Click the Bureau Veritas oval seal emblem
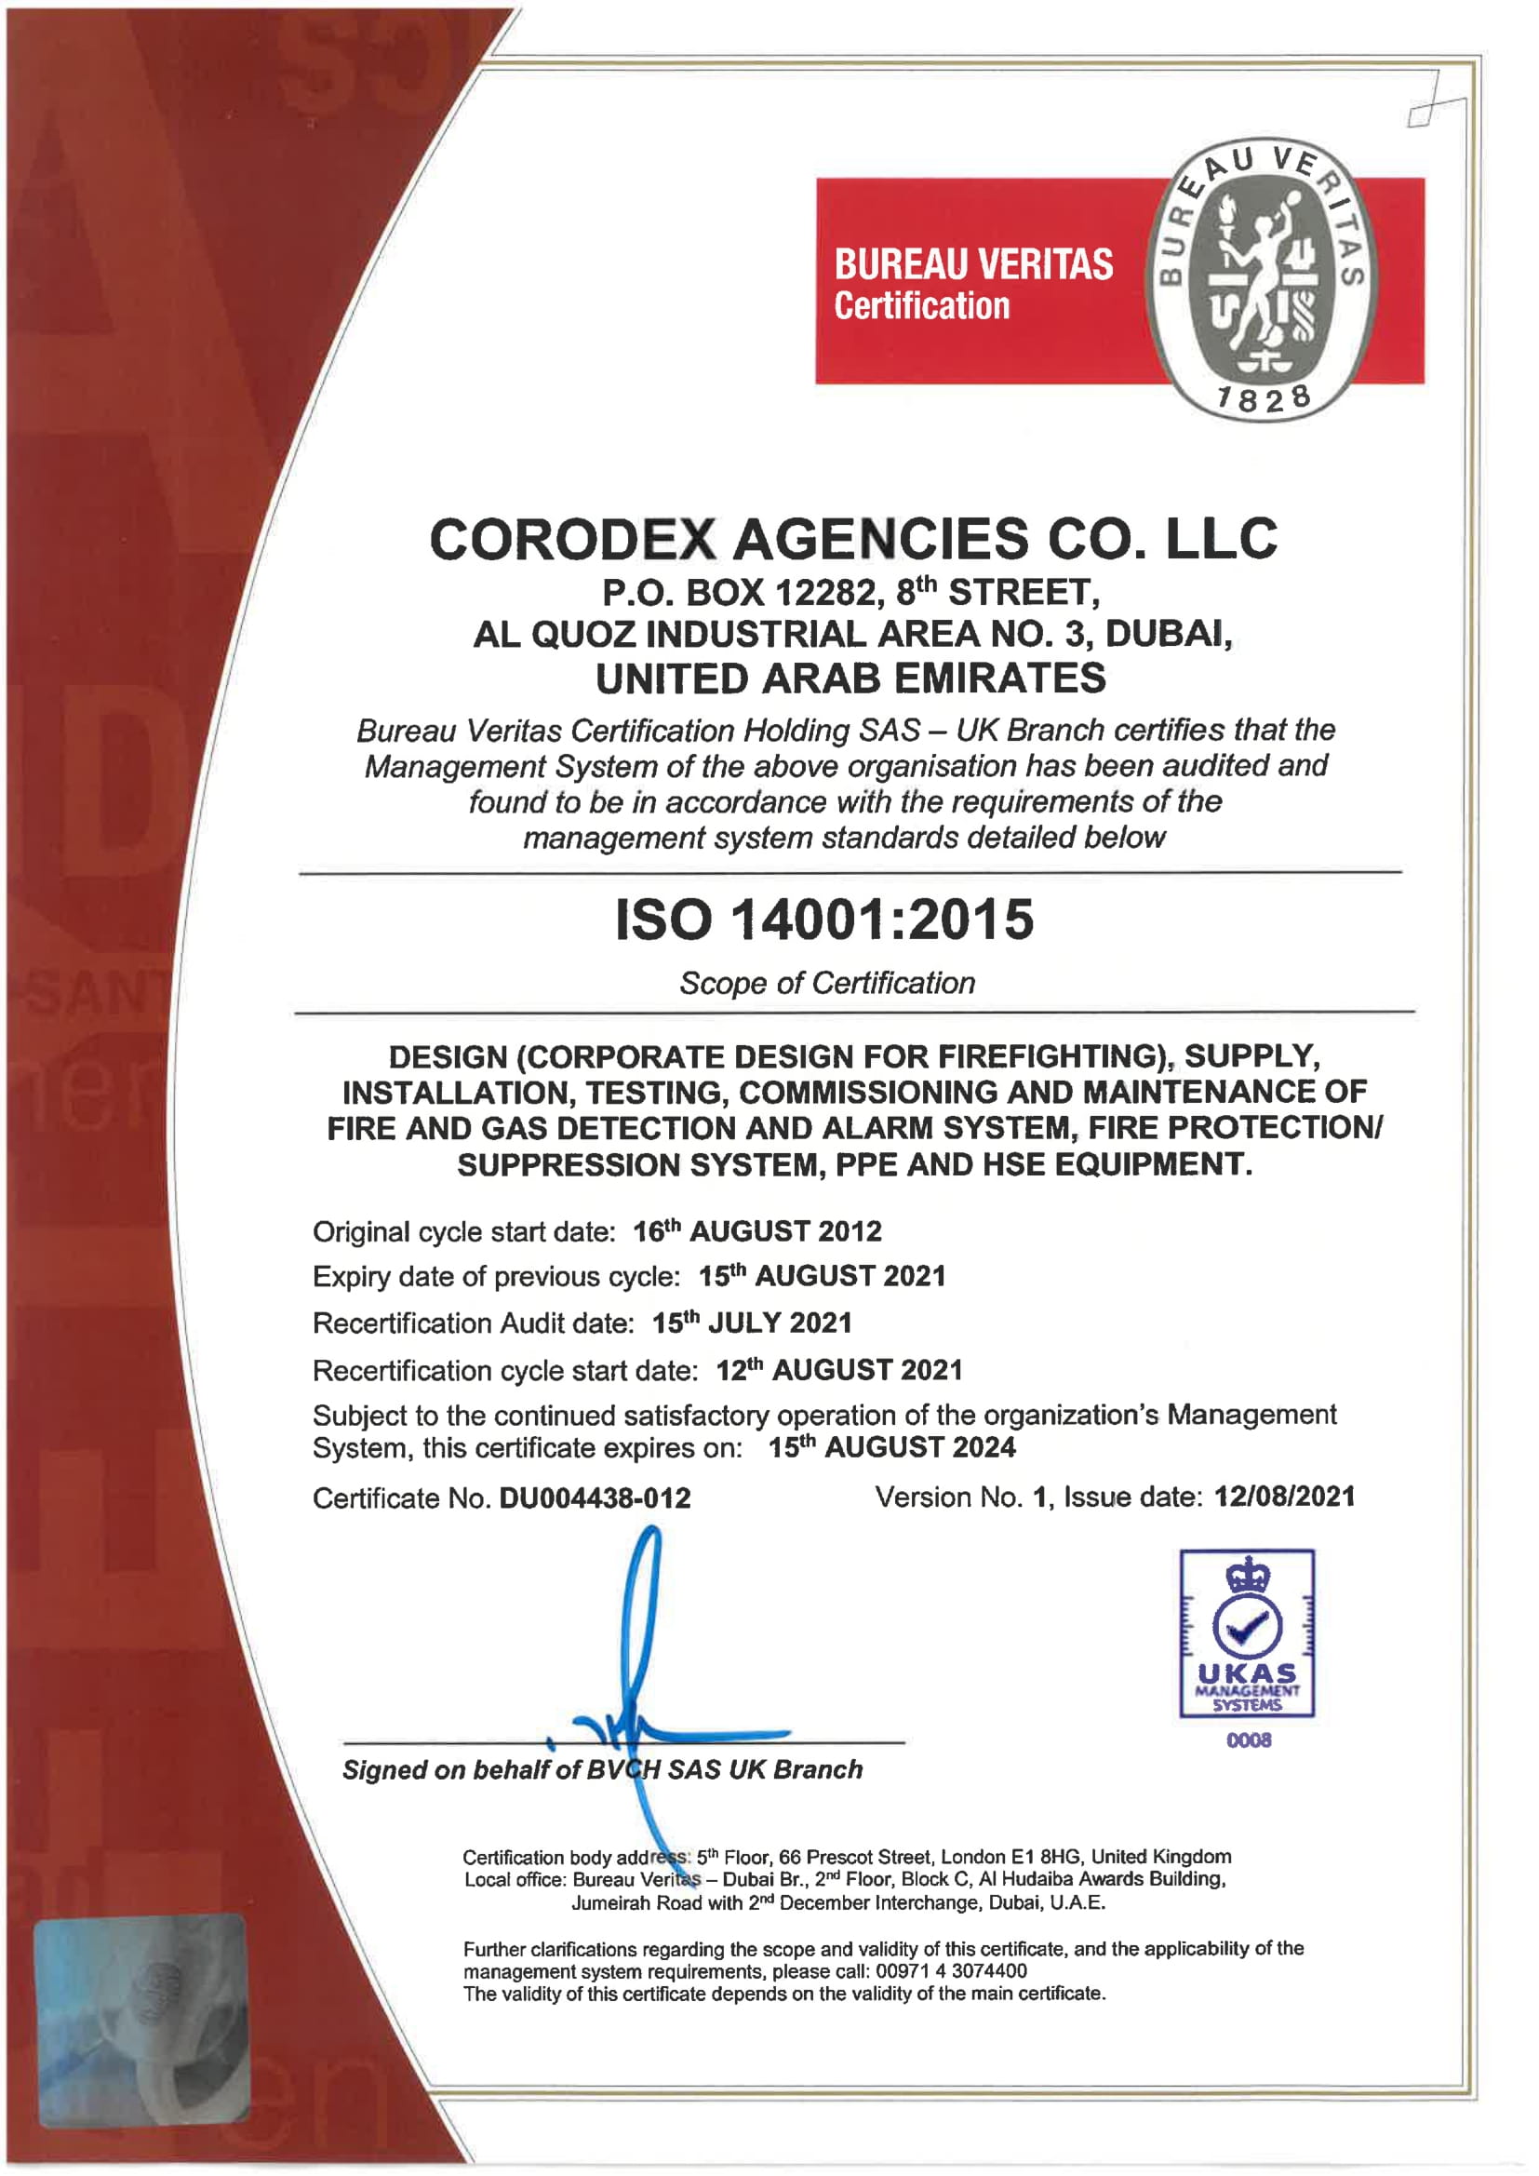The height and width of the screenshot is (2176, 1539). click(x=1263, y=280)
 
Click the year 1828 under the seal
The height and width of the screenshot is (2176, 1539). click(x=1265, y=399)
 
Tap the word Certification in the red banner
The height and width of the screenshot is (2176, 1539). click(x=921, y=307)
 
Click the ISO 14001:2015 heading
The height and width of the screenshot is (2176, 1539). click(x=824, y=920)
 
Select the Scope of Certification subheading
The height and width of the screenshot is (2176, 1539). click(x=826, y=984)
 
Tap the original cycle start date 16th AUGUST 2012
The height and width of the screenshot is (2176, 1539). click(x=757, y=1231)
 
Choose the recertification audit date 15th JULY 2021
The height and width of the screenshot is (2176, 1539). click(x=752, y=1323)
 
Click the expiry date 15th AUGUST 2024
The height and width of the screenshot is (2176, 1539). click(x=891, y=1447)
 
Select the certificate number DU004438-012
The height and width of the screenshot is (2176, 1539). click(x=596, y=1498)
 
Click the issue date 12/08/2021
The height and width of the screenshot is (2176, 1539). click(x=1284, y=1497)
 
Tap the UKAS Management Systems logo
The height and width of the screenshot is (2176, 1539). click(x=1246, y=1634)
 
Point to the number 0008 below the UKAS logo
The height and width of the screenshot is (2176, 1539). click(x=1248, y=1740)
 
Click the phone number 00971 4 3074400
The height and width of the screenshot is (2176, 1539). click(x=951, y=1971)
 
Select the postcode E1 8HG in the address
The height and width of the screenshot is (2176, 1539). click(x=1044, y=1857)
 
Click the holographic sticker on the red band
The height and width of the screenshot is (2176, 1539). click(x=142, y=2019)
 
